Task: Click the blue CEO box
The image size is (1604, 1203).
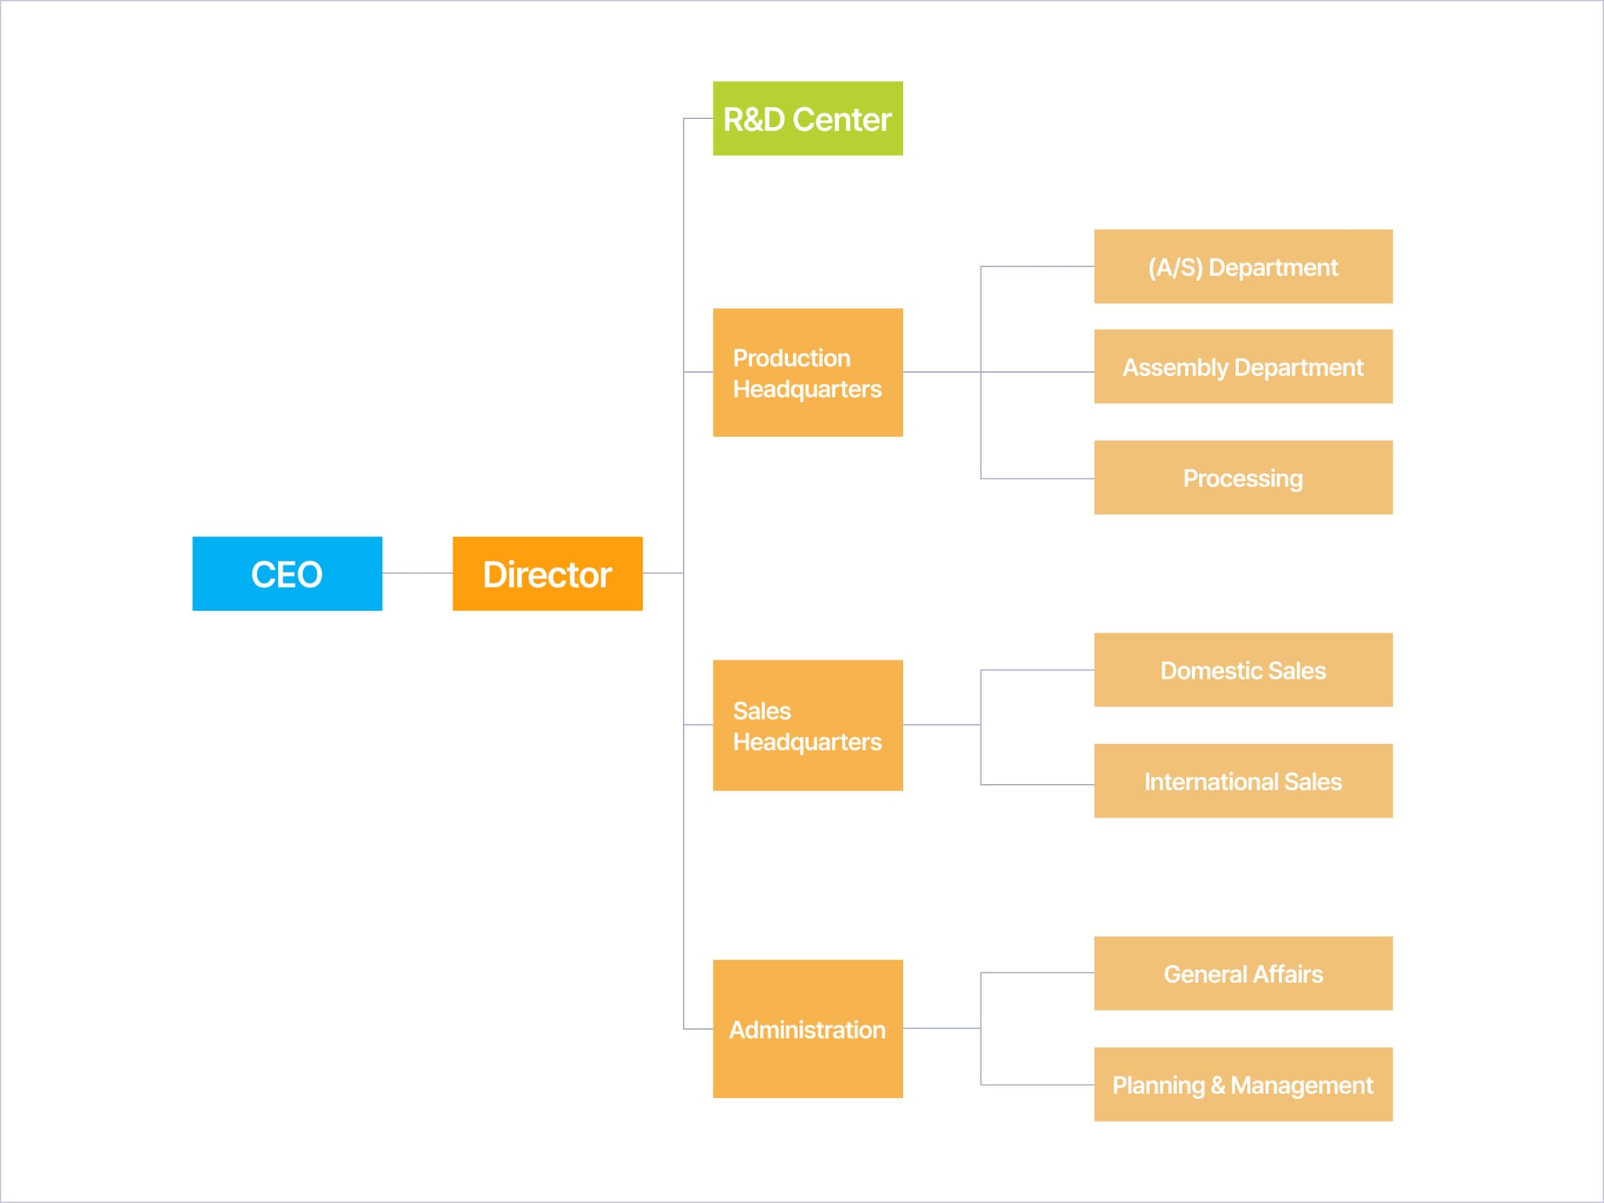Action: click(x=287, y=573)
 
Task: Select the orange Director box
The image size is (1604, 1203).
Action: click(x=547, y=573)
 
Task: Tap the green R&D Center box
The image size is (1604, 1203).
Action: click(x=807, y=118)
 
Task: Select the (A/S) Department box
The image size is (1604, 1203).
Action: click(x=1243, y=266)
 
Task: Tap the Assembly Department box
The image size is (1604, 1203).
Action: click(x=1243, y=367)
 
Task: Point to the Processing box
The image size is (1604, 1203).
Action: click(x=1243, y=478)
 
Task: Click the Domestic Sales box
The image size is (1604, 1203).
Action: click(x=1243, y=670)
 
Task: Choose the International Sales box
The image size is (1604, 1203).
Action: click(x=1243, y=781)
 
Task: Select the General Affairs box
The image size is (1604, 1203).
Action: click(x=1243, y=974)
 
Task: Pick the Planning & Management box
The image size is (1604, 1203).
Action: click(x=1243, y=1085)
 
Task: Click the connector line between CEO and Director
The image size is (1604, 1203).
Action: click(x=417, y=573)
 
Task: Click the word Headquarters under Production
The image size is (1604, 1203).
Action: click(x=807, y=389)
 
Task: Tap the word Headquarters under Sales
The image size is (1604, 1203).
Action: click(x=807, y=742)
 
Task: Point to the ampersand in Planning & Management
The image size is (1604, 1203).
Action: click(x=1217, y=1086)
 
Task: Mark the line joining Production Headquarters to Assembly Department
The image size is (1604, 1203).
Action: click(x=1018, y=372)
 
